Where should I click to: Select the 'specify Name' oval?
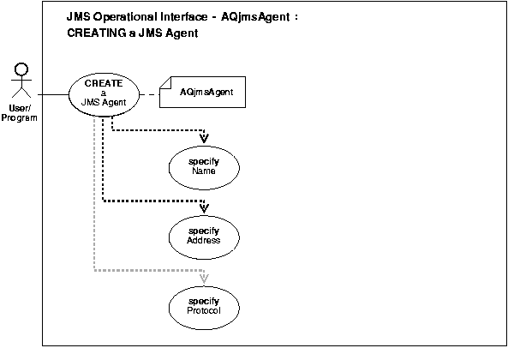pos(203,165)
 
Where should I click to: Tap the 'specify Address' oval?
pos(203,236)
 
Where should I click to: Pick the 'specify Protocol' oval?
pos(203,306)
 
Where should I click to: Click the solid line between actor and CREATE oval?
pos(51,93)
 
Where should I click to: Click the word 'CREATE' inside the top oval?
pos(104,84)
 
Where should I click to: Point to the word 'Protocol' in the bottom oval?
pos(203,311)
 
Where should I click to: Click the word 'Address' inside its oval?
pos(203,241)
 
